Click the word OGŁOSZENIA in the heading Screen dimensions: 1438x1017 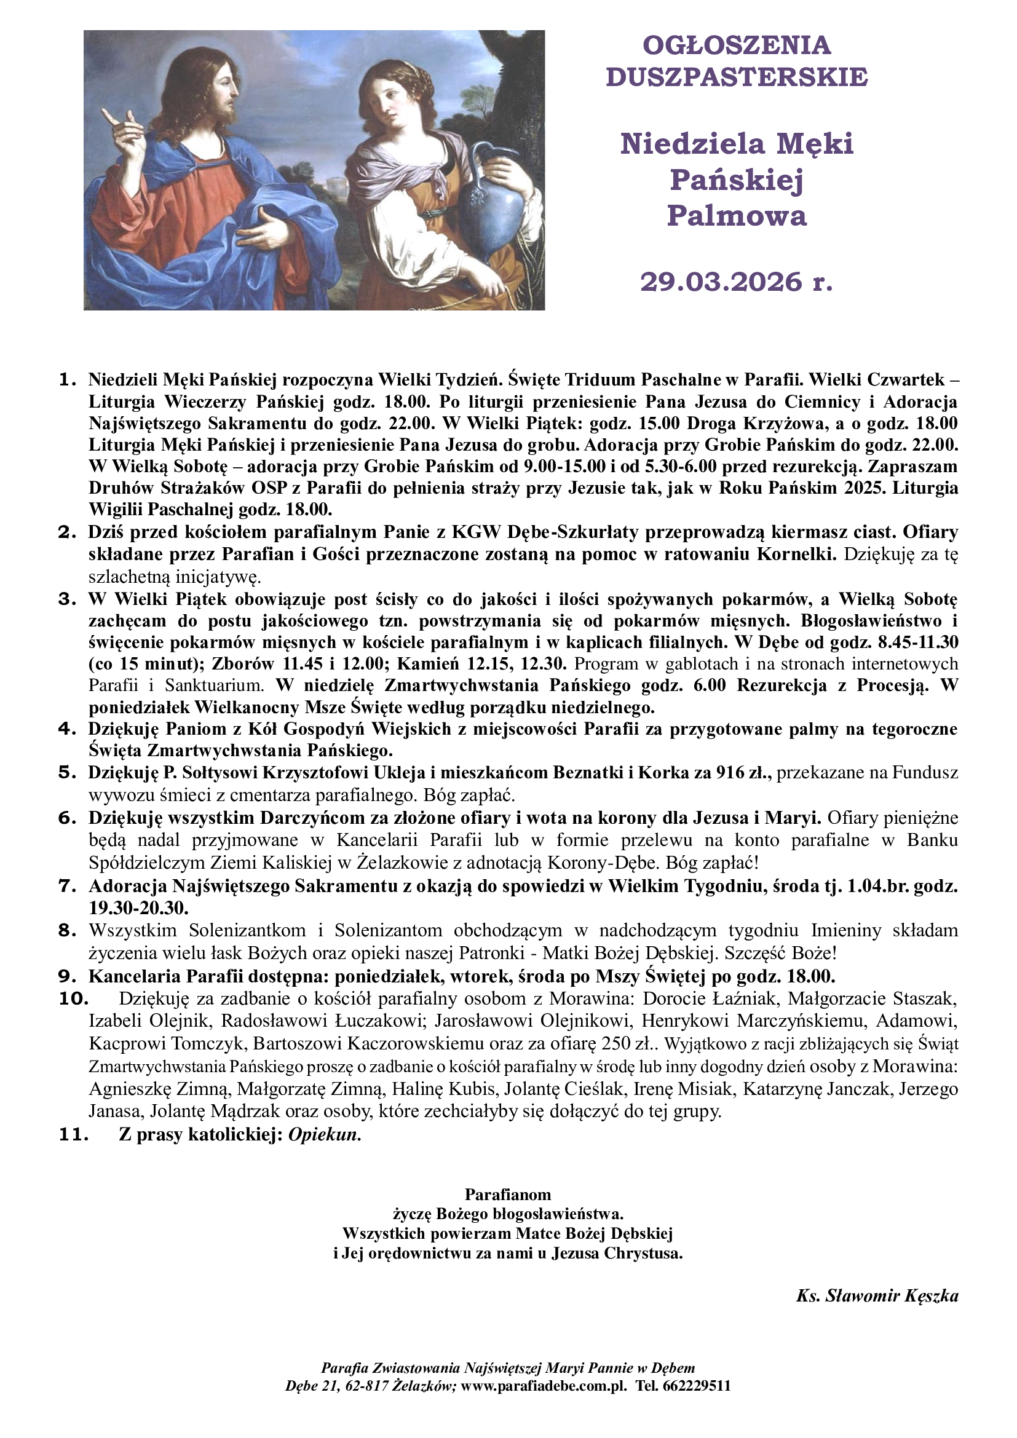737,45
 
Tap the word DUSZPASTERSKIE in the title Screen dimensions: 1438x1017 737,77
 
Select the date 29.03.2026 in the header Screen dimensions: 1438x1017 720,282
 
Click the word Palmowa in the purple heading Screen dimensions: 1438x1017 737,215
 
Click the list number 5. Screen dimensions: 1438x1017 66,772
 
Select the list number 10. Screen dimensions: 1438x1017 73,999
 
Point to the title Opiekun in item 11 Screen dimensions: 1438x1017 324,1136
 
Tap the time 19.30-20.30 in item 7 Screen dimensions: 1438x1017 138,907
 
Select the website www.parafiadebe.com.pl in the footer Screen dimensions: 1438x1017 543,1386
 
